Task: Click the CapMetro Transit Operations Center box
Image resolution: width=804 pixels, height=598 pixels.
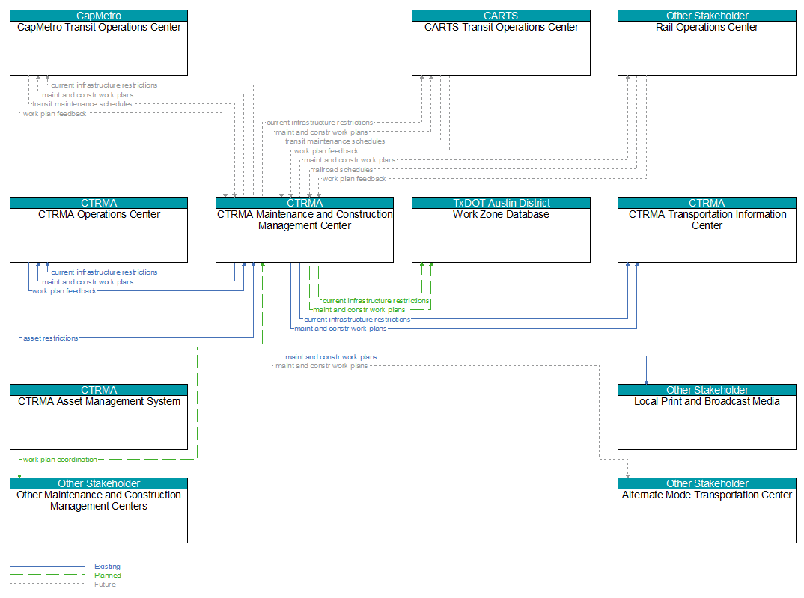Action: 99,43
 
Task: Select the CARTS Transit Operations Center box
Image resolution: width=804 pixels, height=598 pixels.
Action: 501,43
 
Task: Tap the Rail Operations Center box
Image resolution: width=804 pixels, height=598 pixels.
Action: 707,43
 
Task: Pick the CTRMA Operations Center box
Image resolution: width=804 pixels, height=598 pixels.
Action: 99,230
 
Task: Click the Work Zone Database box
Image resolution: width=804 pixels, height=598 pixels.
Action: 501,230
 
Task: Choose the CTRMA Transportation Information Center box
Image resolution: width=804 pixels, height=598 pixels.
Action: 707,230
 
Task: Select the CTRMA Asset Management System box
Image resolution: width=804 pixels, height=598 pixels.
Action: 99,417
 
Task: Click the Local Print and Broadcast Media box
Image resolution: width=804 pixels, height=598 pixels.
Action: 707,417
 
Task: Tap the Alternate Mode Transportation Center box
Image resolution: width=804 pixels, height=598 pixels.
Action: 707,510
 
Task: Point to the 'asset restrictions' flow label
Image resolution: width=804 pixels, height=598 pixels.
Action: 51,338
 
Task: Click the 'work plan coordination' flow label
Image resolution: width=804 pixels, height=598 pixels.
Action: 60,460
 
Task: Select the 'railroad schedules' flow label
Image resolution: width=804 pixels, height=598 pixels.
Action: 343,170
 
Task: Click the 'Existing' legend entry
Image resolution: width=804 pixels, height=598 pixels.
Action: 107,567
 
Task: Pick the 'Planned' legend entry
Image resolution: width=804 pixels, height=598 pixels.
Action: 108,576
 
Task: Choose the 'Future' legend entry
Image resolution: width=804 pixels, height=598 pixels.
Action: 105,585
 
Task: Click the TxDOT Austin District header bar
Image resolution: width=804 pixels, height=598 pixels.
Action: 501,203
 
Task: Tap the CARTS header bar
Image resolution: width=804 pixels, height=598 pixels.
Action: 501,16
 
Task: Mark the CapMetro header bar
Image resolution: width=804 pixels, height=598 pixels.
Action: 99,16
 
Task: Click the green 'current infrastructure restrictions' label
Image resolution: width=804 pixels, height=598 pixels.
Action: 376,301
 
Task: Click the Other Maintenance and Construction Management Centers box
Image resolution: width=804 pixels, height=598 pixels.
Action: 99,510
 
